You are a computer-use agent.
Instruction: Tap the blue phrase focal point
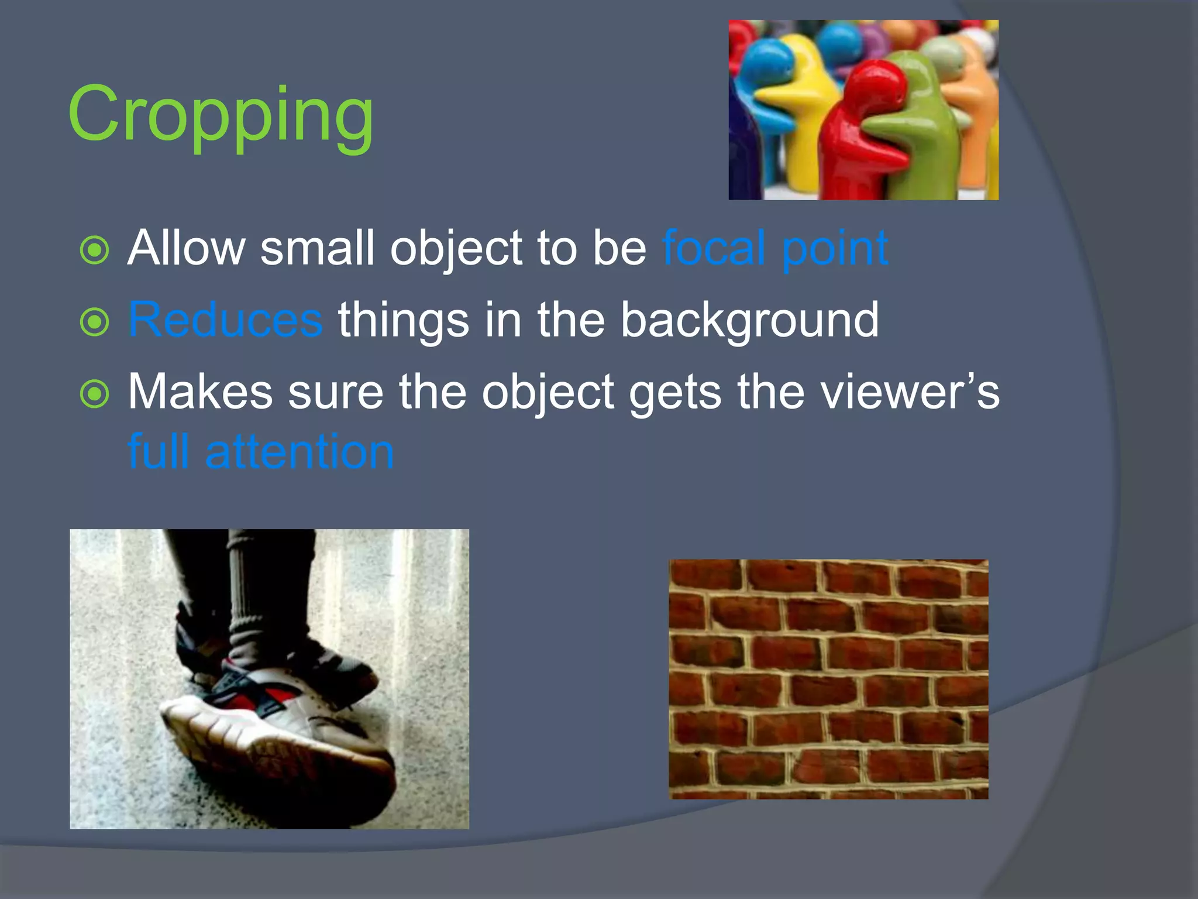click(x=774, y=248)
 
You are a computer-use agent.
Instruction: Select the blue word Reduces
click(x=225, y=320)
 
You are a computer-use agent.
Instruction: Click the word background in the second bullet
click(x=749, y=321)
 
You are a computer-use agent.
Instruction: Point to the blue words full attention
click(x=261, y=451)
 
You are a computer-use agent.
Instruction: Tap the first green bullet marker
click(x=94, y=251)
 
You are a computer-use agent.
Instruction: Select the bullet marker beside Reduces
click(x=94, y=322)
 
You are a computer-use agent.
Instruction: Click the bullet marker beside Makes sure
click(x=94, y=394)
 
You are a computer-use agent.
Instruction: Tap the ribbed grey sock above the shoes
click(x=246, y=597)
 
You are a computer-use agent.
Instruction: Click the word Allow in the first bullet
click(x=186, y=248)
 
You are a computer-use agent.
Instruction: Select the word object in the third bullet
click(x=548, y=392)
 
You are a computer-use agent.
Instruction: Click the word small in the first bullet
click(x=316, y=248)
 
